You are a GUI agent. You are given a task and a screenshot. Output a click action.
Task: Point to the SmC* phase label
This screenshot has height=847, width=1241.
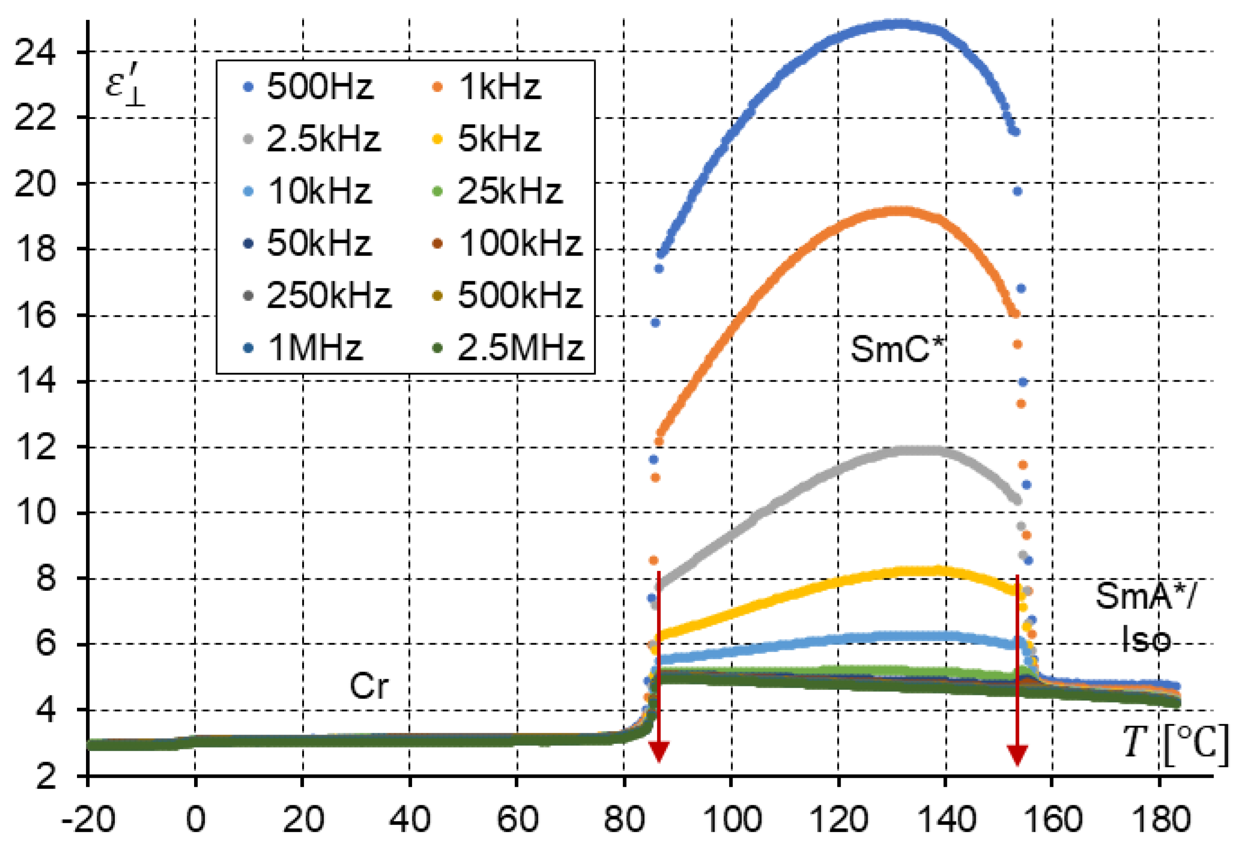(x=897, y=350)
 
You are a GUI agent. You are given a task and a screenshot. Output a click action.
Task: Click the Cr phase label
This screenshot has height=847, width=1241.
(x=368, y=686)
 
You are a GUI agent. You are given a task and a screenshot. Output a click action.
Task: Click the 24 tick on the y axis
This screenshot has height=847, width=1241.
(x=35, y=52)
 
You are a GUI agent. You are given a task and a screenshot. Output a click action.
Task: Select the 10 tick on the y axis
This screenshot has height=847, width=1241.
(x=35, y=512)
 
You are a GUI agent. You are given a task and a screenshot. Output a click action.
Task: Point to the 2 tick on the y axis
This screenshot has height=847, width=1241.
(x=45, y=776)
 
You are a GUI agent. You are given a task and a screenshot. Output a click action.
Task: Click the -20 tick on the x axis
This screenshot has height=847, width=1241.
(x=88, y=819)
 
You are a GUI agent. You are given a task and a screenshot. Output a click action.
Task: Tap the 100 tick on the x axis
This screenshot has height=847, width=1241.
(x=732, y=819)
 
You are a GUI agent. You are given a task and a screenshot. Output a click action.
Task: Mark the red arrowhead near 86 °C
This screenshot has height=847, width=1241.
(x=659, y=752)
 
